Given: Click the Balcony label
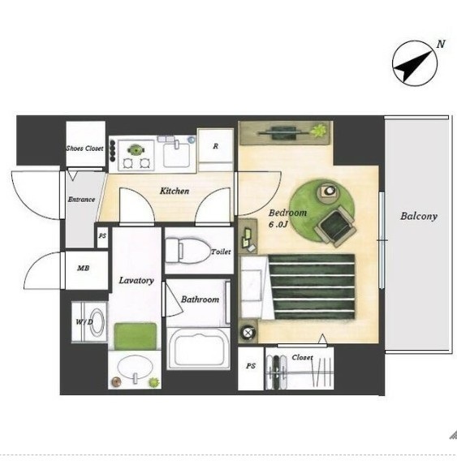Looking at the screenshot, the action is point(419,217).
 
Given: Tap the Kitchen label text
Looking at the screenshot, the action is point(175,191).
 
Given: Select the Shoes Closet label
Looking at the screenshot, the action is point(84,149).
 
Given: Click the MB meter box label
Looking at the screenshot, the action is point(84,268).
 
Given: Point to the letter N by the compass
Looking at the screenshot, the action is point(440,45).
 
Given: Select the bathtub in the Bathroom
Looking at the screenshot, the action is point(198,348).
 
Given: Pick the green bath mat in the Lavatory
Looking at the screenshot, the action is point(136,336).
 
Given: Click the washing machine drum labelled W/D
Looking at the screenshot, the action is point(96,322).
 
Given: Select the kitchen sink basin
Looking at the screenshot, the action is point(176,155).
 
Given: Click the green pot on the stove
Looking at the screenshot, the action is point(136,150).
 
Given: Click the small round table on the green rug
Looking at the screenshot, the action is point(328,192).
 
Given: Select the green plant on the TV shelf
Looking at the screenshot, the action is point(318,131).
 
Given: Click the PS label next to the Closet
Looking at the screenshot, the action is point(251,366).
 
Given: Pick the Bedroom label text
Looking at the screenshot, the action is point(287,213).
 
